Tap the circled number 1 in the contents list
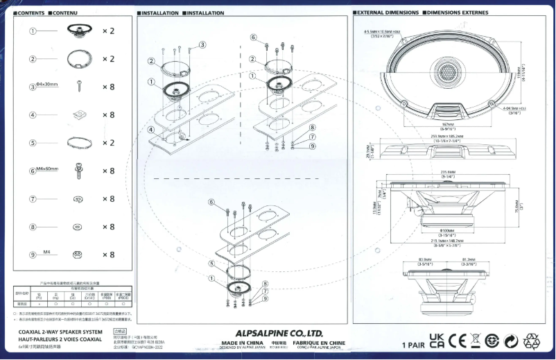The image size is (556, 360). click(33, 31)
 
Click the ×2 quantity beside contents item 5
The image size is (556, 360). click(108, 143)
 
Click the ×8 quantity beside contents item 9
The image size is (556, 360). click(108, 255)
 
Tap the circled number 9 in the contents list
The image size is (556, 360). click(33, 255)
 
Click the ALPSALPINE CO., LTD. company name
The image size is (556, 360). click(279, 332)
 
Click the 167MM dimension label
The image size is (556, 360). click(448, 124)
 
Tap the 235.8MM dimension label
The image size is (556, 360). click(448, 172)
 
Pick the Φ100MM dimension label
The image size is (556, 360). click(448, 230)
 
